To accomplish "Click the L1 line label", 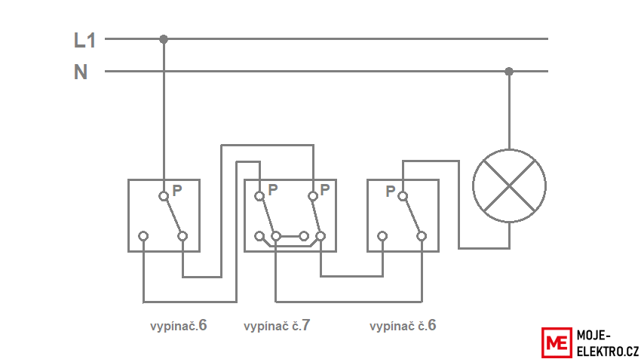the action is [x=84, y=40].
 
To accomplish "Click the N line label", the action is [x=81, y=72].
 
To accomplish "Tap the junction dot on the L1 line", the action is [x=164, y=39].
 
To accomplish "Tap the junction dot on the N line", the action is [x=509, y=72].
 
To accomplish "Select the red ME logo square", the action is [x=557, y=342].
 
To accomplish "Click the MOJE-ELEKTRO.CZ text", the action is [x=608, y=343].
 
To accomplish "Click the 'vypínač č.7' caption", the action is [x=277, y=326].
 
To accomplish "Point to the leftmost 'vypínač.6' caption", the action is [x=178, y=326].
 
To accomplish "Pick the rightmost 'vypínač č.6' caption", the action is [x=403, y=326].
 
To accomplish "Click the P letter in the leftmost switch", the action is [x=177, y=190].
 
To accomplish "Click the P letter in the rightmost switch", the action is [x=390, y=191].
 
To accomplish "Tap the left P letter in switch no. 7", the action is [x=273, y=190].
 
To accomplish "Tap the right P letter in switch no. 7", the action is [x=324, y=190].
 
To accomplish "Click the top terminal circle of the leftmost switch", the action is [x=164, y=196].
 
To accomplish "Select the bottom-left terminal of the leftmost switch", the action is [x=143, y=236].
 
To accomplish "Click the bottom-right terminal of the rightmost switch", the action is [x=422, y=236].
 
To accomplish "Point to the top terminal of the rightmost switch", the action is [x=403, y=196].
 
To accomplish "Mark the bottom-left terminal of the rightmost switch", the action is [x=382, y=236].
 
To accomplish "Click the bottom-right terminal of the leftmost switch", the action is [x=182, y=236].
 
